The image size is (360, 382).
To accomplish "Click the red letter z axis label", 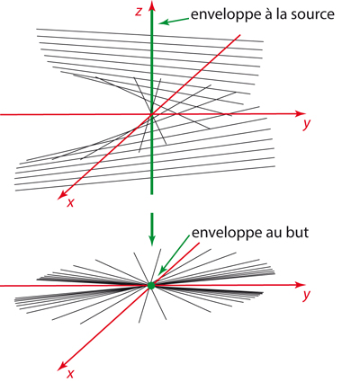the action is pyautogui.click(x=139, y=12).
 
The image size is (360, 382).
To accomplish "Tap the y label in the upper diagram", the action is pyautogui.click(x=306, y=124).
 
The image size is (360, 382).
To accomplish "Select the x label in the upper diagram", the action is pyautogui.click(x=70, y=203).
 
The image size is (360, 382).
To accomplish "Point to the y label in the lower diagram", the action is pyautogui.click(x=306, y=295).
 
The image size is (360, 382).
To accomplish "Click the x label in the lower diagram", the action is pyautogui.click(x=70, y=373).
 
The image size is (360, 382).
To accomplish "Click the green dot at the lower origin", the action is pyautogui.click(x=151, y=285).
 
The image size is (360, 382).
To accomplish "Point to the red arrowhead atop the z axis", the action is pyautogui.click(x=152, y=5).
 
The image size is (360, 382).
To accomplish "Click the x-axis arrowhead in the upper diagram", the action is pyautogui.click(x=63, y=194).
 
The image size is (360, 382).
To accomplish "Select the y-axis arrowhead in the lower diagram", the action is pyautogui.click(x=299, y=285).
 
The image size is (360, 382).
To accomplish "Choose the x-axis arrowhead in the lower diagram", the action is pyautogui.click(x=63, y=365).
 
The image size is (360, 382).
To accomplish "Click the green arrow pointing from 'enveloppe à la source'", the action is pyautogui.click(x=174, y=21).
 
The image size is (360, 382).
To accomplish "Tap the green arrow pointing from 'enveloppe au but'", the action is pyautogui.click(x=173, y=255).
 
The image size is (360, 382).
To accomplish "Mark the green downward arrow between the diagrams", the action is pyautogui.click(x=152, y=229).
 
